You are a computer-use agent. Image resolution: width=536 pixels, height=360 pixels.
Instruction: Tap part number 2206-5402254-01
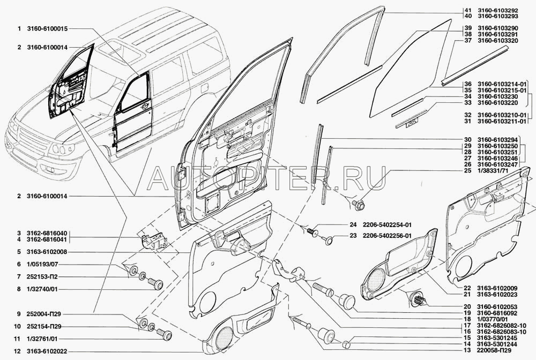point(385,225)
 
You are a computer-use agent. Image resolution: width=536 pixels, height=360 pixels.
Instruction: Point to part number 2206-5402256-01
point(385,236)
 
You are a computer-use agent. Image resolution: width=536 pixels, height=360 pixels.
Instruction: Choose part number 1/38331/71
point(494,170)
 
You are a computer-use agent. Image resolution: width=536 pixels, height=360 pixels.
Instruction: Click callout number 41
point(467,10)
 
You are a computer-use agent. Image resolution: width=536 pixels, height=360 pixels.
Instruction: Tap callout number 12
point(18,351)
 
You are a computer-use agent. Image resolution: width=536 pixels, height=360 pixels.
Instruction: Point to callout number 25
point(467,170)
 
